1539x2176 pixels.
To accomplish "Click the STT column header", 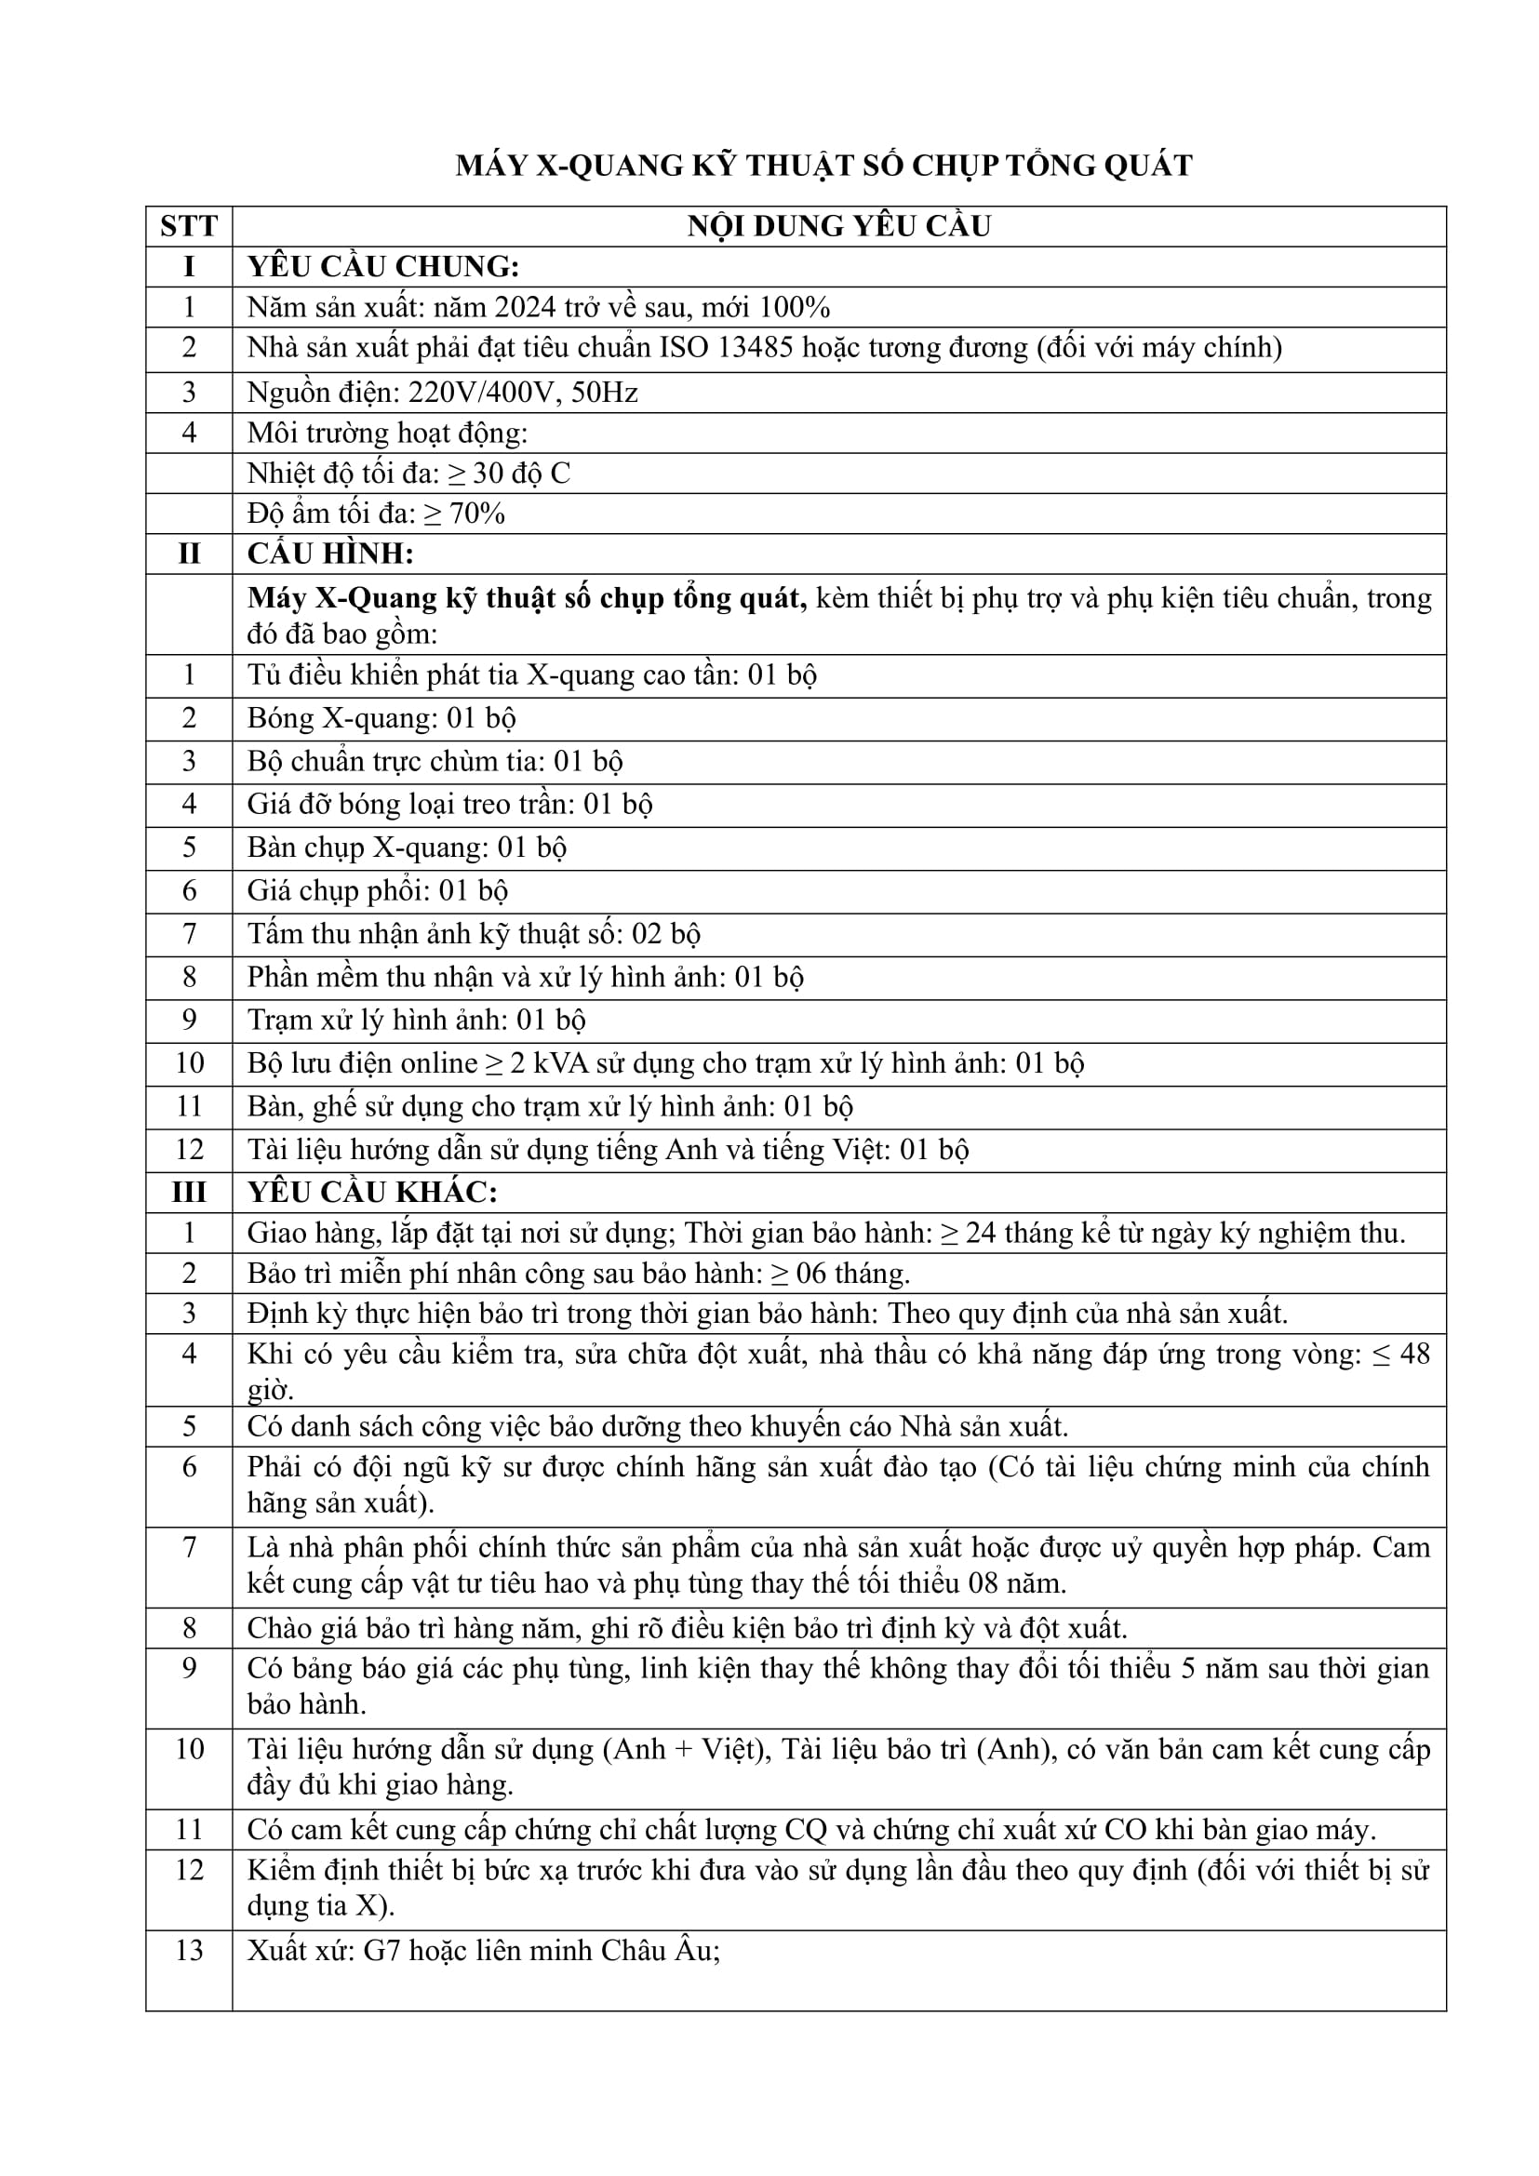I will (189, 226).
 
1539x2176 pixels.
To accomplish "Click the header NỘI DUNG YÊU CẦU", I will (838, 226).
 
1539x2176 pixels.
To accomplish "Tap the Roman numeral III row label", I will (189, 1193).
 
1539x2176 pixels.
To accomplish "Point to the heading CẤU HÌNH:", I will (329, 554).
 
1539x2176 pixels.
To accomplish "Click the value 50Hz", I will (605, 393).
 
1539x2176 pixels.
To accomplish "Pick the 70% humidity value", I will (476, 514).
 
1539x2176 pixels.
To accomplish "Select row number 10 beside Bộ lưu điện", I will (189, 1063).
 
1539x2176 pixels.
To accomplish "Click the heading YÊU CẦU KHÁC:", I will (371, 1193).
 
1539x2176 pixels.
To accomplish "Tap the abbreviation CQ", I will (806, 1830).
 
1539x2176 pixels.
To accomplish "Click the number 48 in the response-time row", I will (1414, 1355).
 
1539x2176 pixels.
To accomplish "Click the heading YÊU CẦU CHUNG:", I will (382, 267).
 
